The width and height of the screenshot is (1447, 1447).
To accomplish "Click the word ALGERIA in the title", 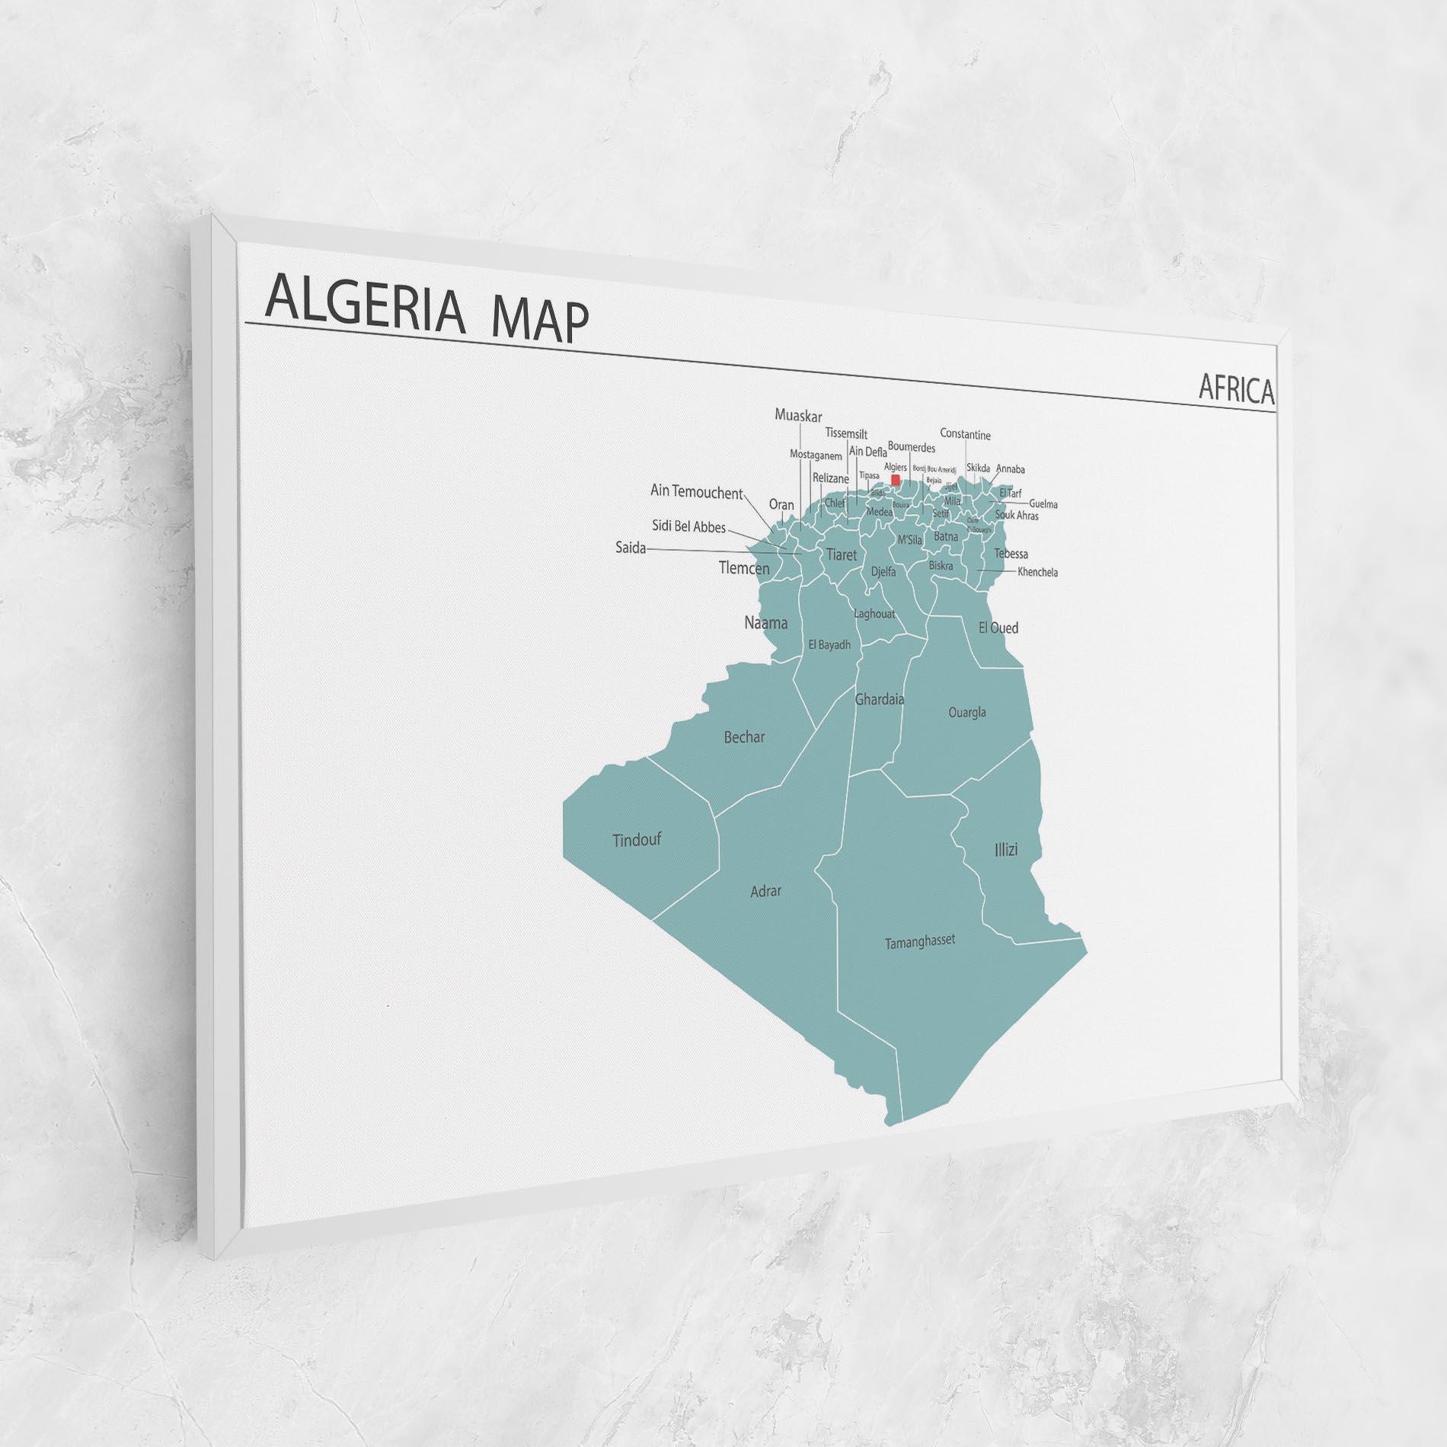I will point(364,308).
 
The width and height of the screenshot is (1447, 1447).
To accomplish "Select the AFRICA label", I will point(1236,388).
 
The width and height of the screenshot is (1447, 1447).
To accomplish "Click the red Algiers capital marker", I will point(896,480).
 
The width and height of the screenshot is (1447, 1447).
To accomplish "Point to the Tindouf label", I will point(637,840).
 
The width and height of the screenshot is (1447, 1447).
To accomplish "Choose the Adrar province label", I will point(765,890).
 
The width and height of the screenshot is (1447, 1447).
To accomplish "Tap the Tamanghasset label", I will point(919,942).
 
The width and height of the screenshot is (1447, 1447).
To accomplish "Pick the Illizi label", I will point(1005,849).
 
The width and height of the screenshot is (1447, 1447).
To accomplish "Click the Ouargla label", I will point(967,712).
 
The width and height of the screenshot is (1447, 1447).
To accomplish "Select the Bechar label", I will point(744,736).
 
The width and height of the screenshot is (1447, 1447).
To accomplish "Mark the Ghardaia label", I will point(880,698).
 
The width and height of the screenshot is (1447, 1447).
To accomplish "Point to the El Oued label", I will point(998,628).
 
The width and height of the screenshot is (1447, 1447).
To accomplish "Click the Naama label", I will point(765,622).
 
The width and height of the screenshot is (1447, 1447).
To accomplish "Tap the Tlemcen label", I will point(744,568).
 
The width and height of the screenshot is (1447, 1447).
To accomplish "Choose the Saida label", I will point(631,548).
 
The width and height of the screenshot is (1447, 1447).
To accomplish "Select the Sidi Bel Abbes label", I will point(688,526).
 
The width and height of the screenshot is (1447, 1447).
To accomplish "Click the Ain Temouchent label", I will point(696,492).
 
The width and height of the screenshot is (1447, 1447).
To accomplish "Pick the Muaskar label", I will point(798,416).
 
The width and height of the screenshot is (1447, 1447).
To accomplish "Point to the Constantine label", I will point(965,434).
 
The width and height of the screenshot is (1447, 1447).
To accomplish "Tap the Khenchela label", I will point(1037,572).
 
